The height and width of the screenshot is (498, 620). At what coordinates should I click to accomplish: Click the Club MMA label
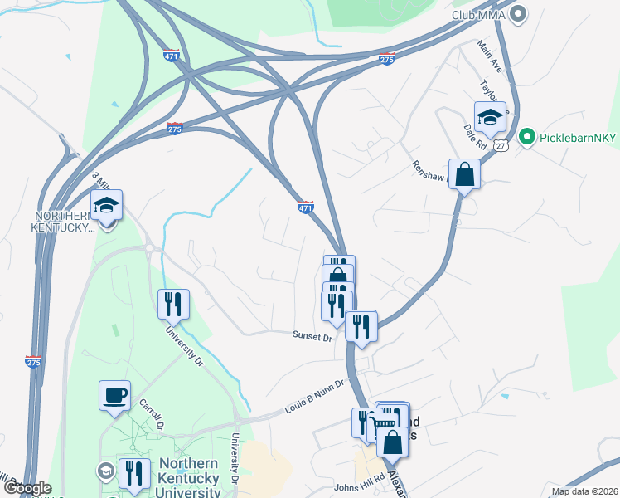[478, 14]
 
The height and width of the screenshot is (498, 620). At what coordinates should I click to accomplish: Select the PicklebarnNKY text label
[575, 137]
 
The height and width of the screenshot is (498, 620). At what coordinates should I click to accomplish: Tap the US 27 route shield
[500, 145]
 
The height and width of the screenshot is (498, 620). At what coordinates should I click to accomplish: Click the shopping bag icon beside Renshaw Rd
[465, 175]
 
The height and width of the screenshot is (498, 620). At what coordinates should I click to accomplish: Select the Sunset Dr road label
[312, 336]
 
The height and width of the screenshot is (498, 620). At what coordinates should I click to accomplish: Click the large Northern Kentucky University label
[189, 478]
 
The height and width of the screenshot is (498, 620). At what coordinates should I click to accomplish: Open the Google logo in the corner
[27, 489]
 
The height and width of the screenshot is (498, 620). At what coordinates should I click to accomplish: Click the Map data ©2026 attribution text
[584, 491]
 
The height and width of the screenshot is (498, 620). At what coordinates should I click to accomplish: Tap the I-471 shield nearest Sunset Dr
[306, 207]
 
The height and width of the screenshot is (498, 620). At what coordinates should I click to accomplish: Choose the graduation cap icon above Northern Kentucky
[106, 204]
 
